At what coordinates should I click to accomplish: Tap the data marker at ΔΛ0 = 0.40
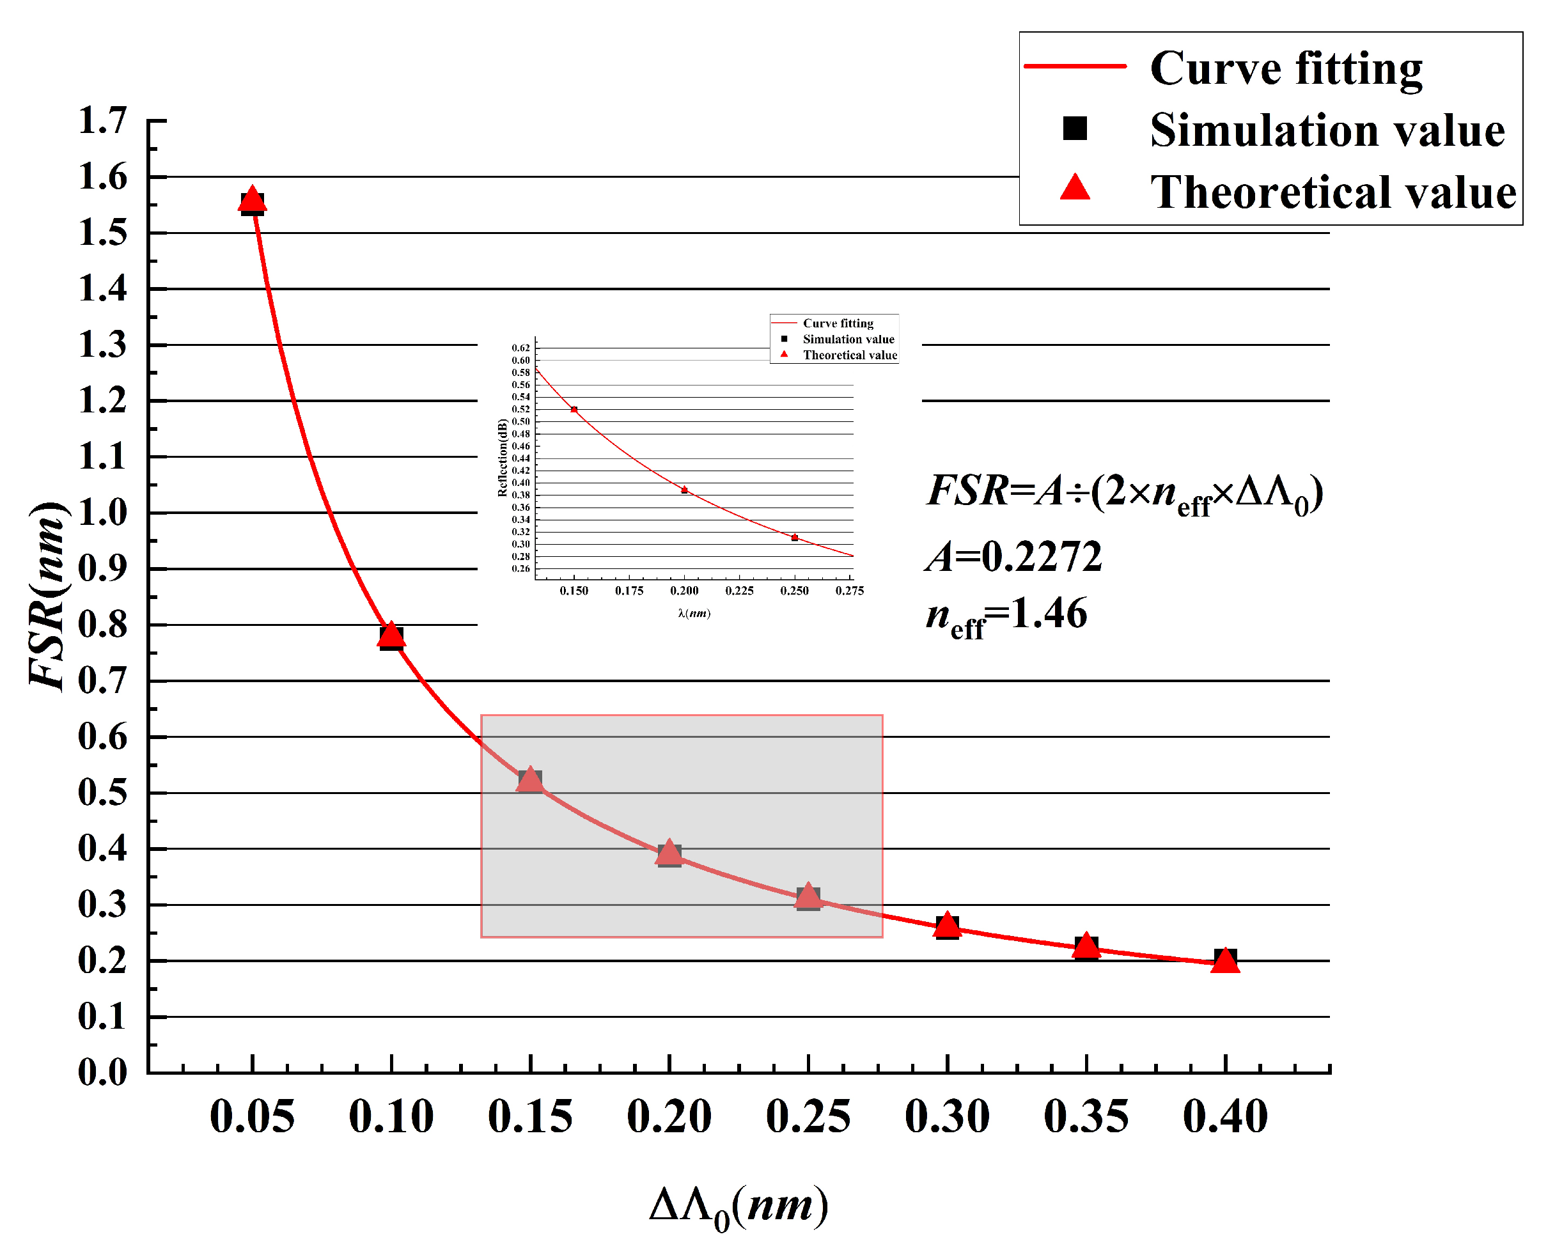[1224, 960]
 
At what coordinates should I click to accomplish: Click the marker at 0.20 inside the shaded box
[669, 854]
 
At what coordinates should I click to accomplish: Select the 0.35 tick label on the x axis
[1086, 1118]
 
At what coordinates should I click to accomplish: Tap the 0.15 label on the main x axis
[530, 1118]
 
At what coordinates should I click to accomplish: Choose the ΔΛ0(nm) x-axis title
[738, 1206]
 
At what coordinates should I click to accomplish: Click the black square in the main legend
[1075, 129]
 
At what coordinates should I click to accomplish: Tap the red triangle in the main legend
[1075, 188]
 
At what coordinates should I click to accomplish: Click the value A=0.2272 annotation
[1013, 557]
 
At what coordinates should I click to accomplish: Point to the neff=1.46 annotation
[1006, 616]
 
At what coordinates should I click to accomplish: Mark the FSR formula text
[1124, 494]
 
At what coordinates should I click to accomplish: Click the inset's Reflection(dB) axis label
[503, 458]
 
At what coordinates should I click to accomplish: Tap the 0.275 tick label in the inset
[849, 591]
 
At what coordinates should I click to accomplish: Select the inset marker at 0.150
[574, 409]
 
